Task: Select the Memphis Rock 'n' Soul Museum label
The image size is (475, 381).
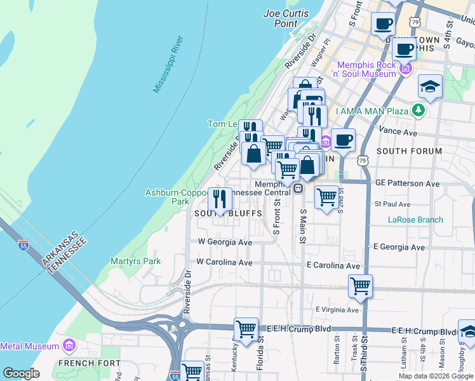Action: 366,69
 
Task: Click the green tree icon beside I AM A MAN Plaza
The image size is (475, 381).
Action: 418,111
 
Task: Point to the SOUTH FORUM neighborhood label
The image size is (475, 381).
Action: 409,151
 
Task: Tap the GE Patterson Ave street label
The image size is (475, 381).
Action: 407,183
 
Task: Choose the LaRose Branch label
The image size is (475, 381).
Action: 415,220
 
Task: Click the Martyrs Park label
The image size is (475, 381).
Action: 135,261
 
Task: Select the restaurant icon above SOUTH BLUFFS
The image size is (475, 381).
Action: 220,199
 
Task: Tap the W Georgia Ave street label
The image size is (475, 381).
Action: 225,242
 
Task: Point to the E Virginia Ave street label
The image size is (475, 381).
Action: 337,309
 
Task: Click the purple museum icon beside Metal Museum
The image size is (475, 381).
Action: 69,346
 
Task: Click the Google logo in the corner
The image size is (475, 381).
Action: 21,373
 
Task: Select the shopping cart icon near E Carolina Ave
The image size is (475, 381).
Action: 360,286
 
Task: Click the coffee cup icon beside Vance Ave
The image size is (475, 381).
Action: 343,140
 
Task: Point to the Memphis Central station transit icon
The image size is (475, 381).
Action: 297,189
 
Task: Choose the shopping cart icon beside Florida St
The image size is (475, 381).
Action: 246,329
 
